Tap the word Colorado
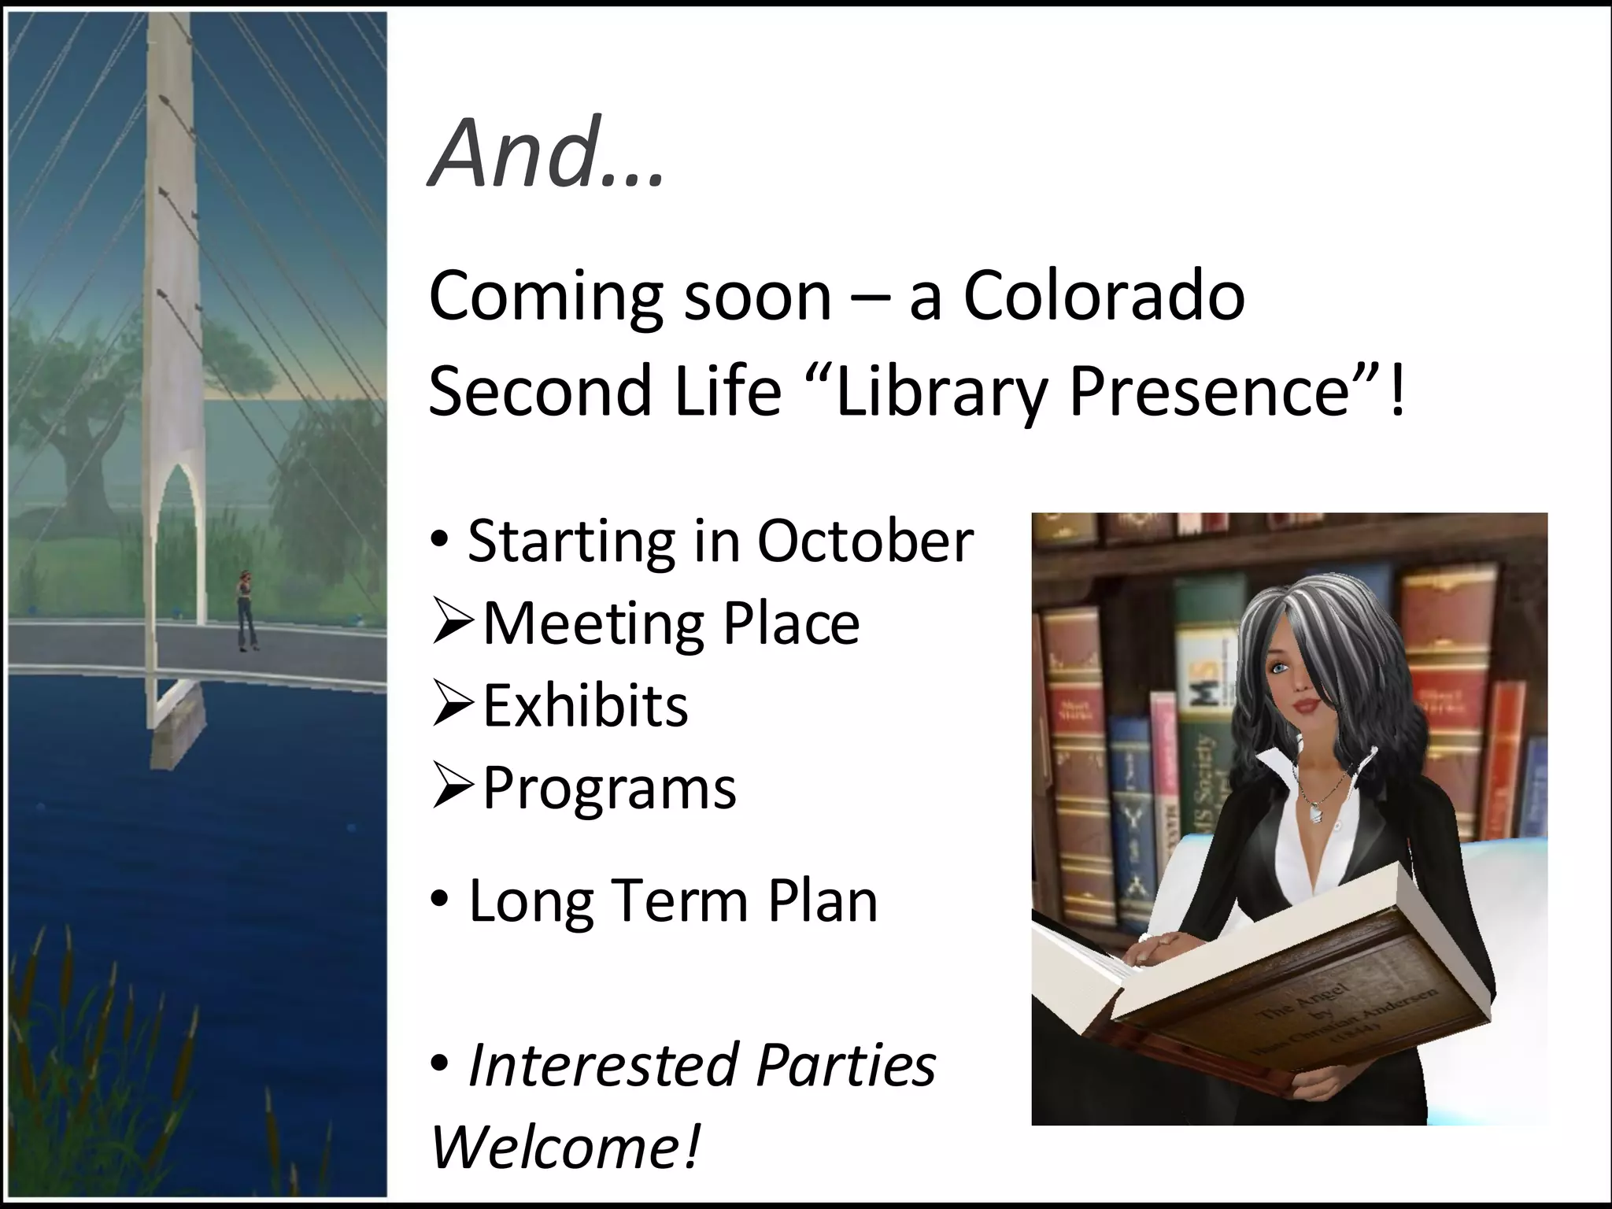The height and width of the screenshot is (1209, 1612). pyautogui.click(x=1104, y=297)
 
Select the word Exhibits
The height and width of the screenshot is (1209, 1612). pyautogui.click(x=585, y=705)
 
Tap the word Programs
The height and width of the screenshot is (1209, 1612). pyautogui.click(x=609, y=788)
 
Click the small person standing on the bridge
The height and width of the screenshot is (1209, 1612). pyautogui.click(x=247, y=611)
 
